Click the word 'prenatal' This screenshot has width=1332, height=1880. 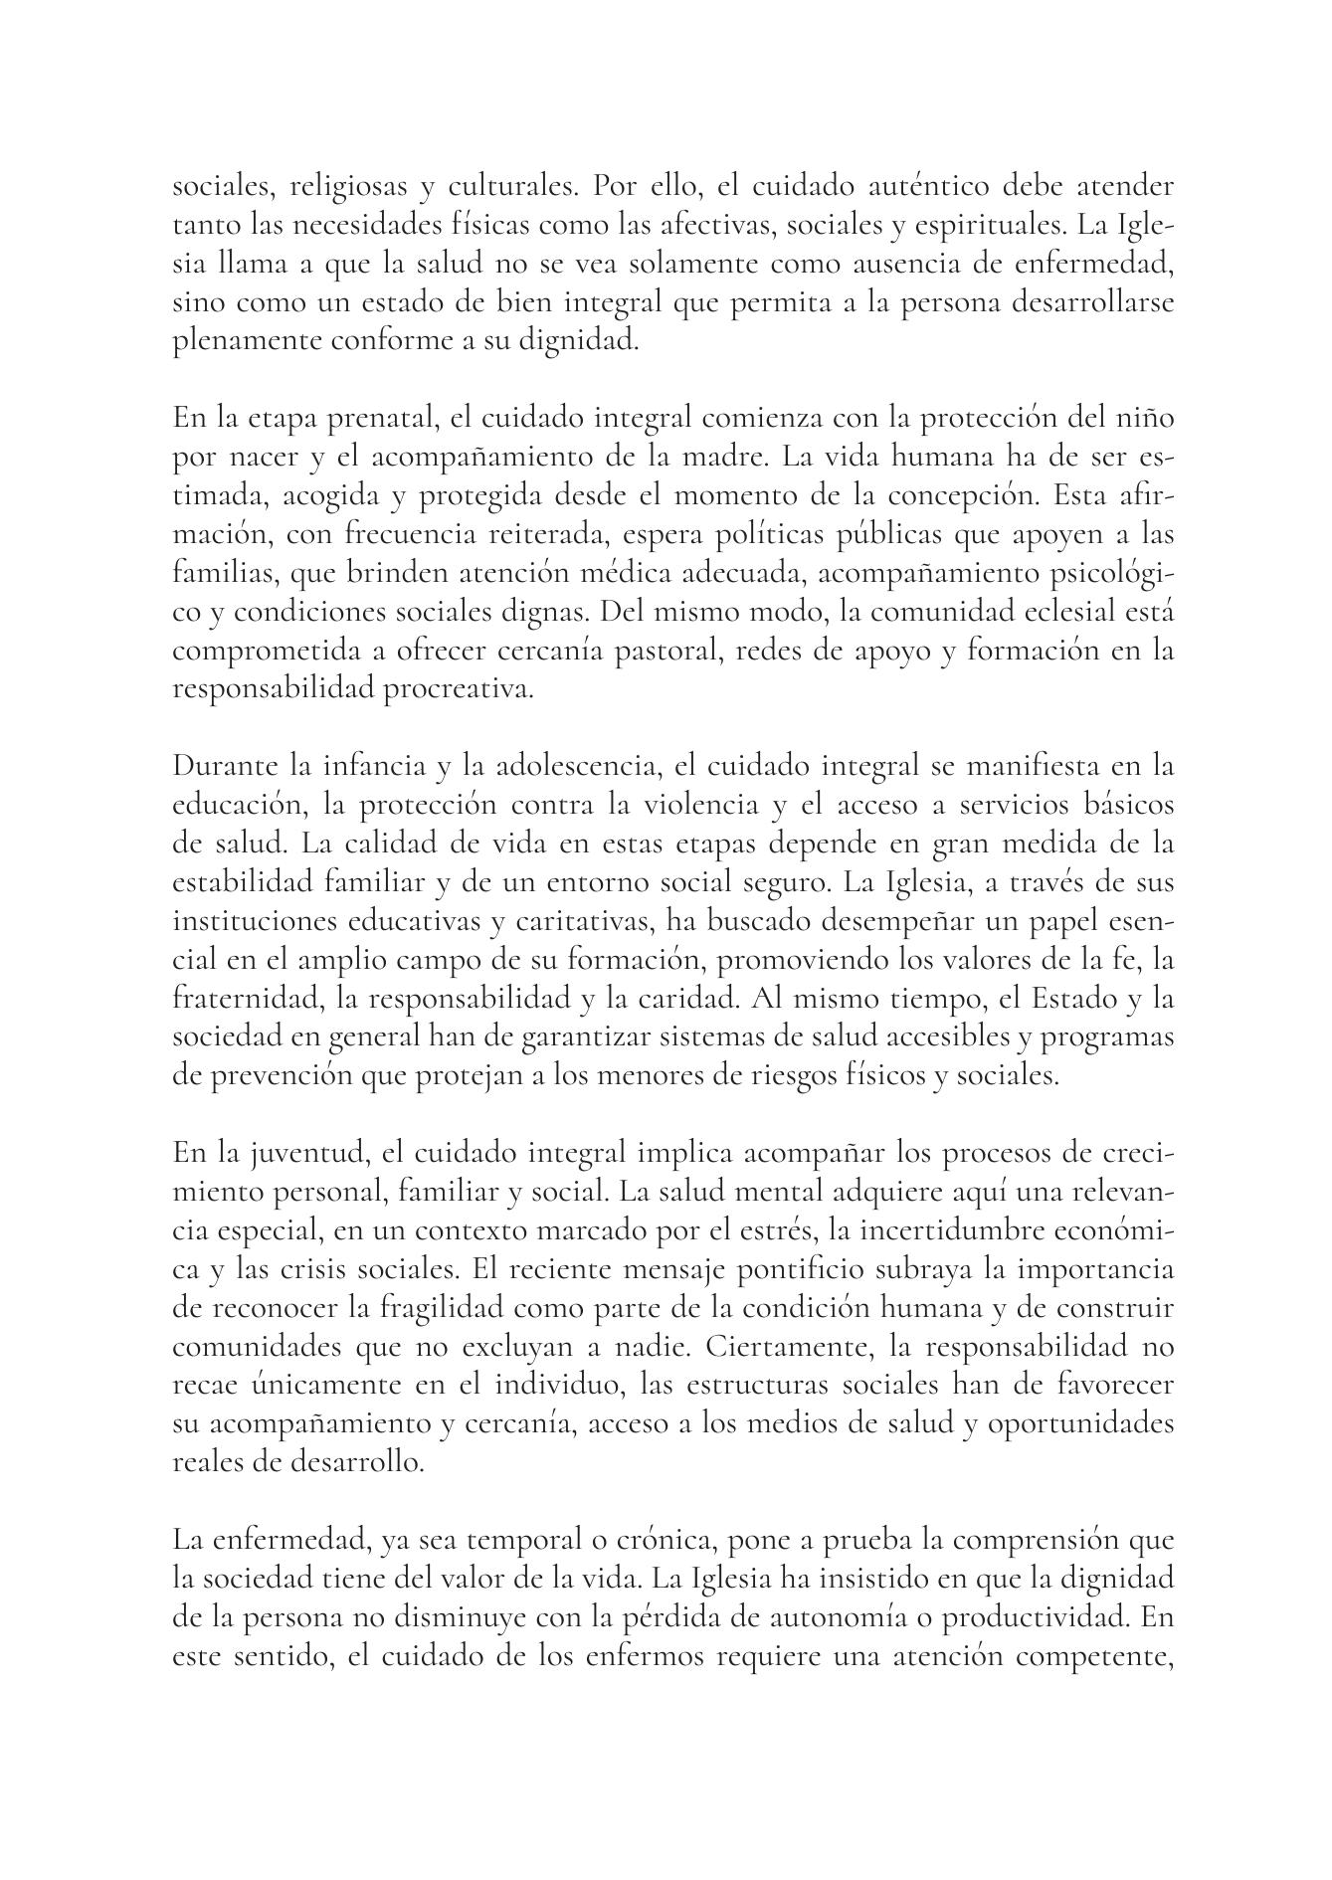377,419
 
